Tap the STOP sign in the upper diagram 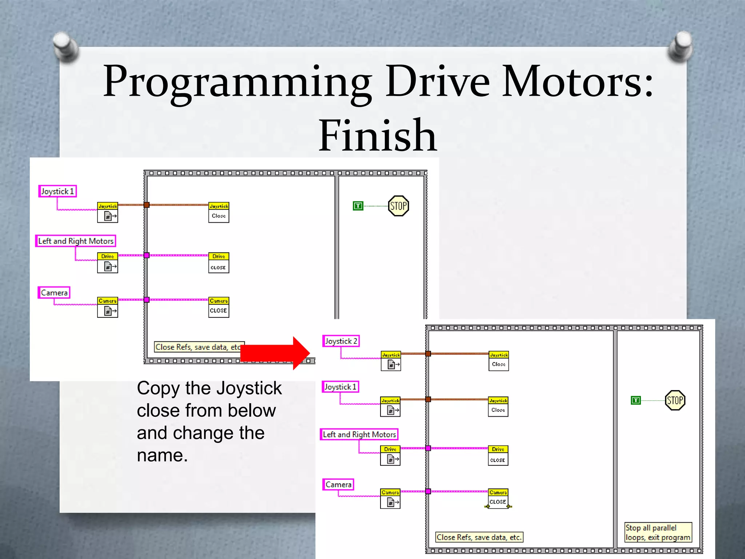tap(398, 206)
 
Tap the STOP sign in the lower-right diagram tap(675, 400)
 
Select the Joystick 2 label tap(341, 341)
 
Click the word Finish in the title tap(377, 135)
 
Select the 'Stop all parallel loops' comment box tap(658, 532)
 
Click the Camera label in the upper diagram tap(54, 293)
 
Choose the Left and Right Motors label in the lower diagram tap(359, 434)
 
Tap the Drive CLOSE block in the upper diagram tap(219, 263)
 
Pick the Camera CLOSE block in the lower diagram tap(498, 498)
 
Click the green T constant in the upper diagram tap(358, 206)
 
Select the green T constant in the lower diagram tap(636, 400)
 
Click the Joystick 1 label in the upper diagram tap(57, 191)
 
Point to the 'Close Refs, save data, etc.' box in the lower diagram tap(479, 537)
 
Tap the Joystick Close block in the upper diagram tap(219, 212)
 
